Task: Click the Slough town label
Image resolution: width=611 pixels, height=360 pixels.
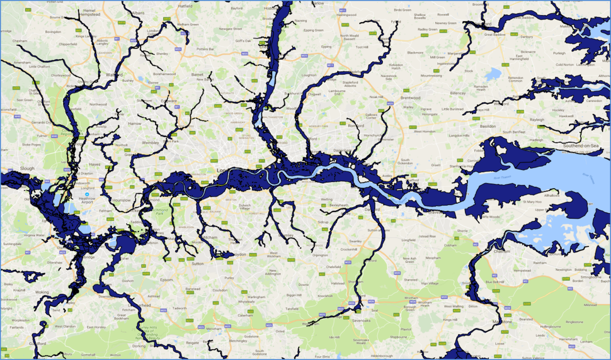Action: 27,168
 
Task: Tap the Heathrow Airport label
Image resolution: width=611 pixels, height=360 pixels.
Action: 87,200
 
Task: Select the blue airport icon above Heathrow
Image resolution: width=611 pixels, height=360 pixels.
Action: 87,195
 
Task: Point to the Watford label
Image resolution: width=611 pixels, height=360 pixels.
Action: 114,75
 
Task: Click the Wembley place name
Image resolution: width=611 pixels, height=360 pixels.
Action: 150,142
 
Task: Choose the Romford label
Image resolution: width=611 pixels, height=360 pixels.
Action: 356,126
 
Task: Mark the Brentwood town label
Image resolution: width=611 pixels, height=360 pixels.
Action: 410,97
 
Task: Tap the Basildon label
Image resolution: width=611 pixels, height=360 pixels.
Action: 488,126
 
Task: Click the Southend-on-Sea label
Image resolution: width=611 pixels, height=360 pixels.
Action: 580,146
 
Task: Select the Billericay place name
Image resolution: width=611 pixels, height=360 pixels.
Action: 458,93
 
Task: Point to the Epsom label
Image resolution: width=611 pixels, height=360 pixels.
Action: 166,280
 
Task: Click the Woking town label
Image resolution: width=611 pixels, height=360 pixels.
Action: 42,292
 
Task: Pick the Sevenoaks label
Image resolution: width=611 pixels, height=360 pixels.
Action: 361,320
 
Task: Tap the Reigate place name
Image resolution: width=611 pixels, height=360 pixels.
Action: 193,342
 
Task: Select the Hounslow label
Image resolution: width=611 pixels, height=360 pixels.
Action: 121,200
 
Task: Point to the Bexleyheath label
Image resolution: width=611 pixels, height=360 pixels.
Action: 339,205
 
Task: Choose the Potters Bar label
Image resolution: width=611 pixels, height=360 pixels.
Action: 205,49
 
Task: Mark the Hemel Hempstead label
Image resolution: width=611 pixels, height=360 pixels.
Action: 90,13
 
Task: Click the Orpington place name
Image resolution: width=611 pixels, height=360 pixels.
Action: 320,255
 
